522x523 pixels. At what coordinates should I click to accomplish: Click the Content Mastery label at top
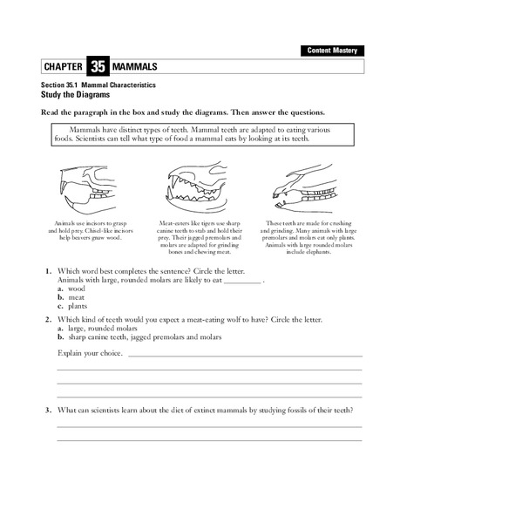click(330, 51)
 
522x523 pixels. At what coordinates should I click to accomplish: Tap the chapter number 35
click(97, 67)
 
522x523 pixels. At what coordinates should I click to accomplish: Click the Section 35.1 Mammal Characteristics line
click(98, 85)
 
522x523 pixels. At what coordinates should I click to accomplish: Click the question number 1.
click(49, 272)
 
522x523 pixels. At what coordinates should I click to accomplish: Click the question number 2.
click(49, 319)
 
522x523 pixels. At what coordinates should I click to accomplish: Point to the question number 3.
click(49, 410)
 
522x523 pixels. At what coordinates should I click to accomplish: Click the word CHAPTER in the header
click(64, 67)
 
